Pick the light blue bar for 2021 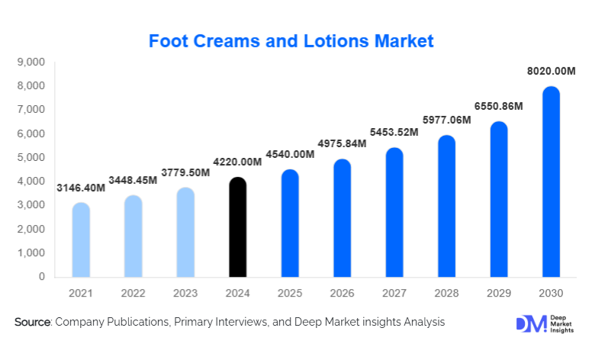click(81, 239)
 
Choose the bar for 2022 click(133, 236)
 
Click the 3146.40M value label click(82, 188)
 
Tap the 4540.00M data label click(290, 155)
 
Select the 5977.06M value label click(446, 120)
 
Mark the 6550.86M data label click(498, 106)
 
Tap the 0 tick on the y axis click(41, 277)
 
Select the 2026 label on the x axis click(342, 293)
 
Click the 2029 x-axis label click(498, 293)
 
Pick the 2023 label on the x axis click(185, 293)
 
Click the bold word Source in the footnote click(32, 323)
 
